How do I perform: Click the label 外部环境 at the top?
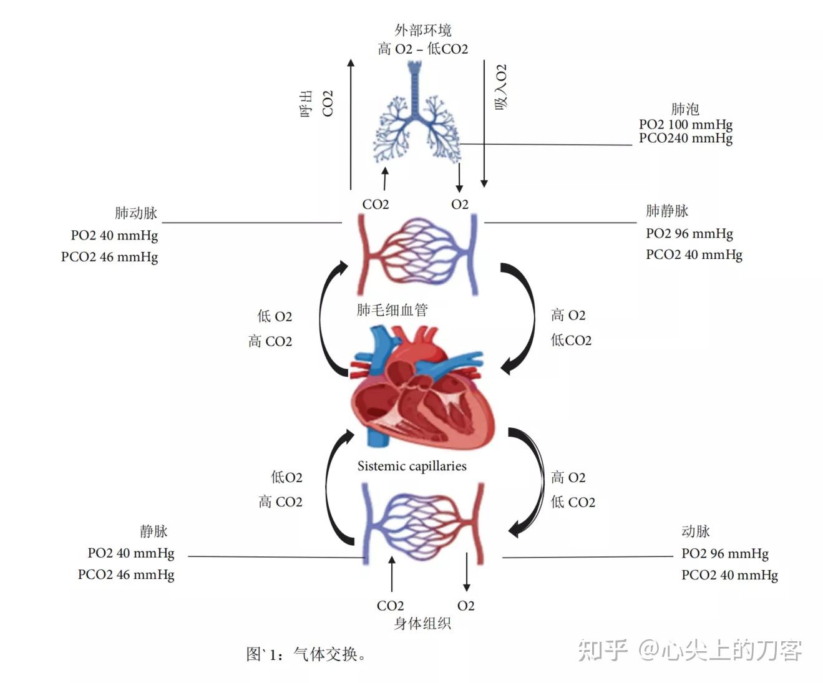(422, 30)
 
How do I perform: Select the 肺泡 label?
(685, 109)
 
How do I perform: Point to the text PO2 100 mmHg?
(685, 124)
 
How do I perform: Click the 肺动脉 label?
(136, 213)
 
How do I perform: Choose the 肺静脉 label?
(667, 211)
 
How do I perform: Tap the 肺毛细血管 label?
(392, 310)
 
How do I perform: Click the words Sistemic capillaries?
(412, 466)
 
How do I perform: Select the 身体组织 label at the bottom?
(422, 623)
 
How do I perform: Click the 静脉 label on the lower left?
(153, 531)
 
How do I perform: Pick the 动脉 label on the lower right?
(696, 531)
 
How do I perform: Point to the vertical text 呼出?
(306, 104)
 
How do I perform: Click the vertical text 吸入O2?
(501, 87)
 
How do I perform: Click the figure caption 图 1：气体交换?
(306, 654)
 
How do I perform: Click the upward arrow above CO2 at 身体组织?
(392, 574)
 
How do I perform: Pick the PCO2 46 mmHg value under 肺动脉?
(109, 257)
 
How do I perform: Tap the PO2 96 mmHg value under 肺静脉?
(689, 233)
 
